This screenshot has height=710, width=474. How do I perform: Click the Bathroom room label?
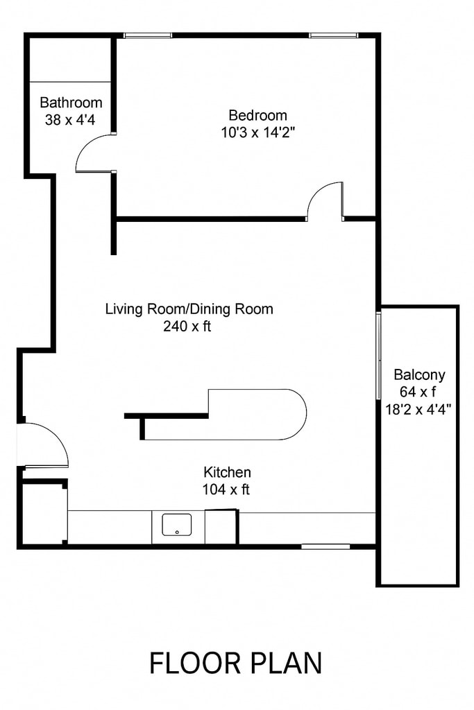71,103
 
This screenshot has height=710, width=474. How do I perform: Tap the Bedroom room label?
258,115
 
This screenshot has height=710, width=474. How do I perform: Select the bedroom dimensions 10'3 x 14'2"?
258,132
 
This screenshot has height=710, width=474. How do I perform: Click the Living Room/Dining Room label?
189,309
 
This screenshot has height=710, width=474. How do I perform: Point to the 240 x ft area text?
187,326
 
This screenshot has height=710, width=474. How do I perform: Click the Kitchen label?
227,472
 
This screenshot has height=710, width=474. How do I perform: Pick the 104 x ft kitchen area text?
226,490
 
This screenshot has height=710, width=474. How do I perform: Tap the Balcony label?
419,374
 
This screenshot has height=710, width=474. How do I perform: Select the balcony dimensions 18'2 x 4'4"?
418,410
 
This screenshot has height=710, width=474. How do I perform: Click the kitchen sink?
177,525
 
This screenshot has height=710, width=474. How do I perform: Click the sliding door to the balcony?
378,356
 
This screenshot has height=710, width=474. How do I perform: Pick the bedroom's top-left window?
148,35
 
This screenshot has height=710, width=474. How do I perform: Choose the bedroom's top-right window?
334,35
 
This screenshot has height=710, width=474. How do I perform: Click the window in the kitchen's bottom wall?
325,546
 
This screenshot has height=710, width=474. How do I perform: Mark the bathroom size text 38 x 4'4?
70,120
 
